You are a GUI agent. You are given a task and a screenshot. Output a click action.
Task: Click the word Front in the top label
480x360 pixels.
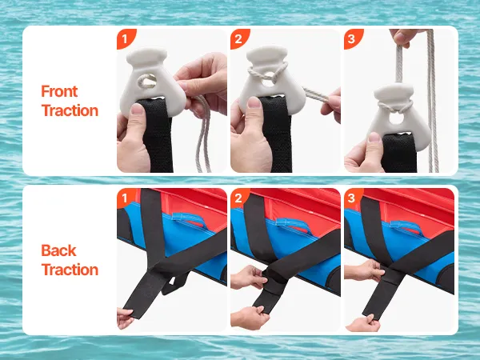[59, 91]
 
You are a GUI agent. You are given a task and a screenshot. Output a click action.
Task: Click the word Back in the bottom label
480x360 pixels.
[58, 250]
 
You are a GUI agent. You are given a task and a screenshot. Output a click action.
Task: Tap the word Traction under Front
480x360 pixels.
[70, 110]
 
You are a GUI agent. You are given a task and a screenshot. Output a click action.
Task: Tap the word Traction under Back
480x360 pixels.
[70, 270]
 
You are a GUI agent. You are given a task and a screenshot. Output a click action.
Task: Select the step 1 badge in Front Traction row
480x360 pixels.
[126, 38]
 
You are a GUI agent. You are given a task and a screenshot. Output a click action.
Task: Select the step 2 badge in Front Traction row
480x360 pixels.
[238, 38]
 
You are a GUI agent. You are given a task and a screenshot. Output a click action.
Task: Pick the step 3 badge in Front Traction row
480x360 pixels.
[352, 38]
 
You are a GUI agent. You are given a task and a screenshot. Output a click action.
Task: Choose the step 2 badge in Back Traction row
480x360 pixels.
[238, 198]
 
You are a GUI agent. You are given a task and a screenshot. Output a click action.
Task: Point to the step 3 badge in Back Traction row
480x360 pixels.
[352, 198]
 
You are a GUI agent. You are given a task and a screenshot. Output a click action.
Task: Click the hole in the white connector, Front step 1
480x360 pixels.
[147, 82]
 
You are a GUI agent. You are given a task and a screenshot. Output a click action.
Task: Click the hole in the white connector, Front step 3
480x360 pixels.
[396, 118]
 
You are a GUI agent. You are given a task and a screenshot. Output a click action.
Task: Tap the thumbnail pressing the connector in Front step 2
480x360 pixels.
[254, 102]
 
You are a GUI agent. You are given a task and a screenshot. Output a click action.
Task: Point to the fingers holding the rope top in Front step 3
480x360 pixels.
[403, 38]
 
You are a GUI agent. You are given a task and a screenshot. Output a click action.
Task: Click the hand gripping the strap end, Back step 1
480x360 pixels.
[125, 318]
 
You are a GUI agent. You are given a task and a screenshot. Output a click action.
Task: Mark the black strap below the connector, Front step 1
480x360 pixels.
[158, 134]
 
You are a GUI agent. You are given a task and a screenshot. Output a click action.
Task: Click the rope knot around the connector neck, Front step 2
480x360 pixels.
[267, 72]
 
